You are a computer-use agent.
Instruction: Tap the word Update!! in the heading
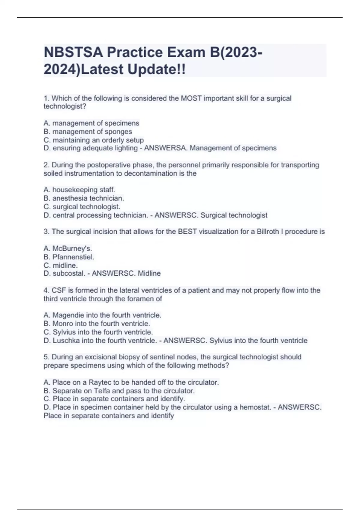coord(157,70)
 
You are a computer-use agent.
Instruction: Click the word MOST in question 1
coord(191,98)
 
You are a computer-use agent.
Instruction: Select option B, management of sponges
coord(88,132)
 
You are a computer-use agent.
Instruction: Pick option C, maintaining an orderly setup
coord(94,140)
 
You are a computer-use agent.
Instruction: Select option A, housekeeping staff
coord(79,190)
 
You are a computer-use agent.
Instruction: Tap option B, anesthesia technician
coord(84,198)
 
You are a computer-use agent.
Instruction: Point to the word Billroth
coord(268,232)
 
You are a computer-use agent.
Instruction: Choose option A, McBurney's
coord(68,249)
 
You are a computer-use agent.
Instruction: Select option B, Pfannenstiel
coord(69,257)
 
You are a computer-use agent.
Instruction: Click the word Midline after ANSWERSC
coord(149,274)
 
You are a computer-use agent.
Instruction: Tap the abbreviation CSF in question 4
coord(58,290)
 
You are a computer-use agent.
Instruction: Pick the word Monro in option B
coord(63,324)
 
